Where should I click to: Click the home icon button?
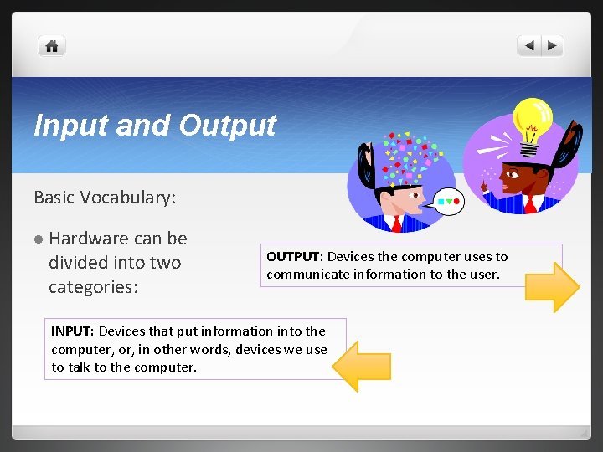52,47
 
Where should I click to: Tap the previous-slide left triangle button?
530,46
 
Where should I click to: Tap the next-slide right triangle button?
553,46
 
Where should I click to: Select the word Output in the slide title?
227,125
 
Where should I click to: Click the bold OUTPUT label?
293,257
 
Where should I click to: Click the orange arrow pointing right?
551,287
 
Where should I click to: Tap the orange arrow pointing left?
362,366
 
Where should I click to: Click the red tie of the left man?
396,222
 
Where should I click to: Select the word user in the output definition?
484,274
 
